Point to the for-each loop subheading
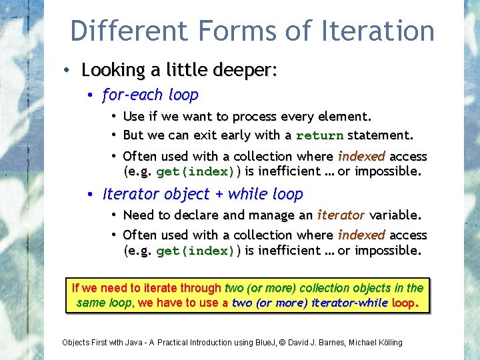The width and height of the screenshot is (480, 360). point(151,95)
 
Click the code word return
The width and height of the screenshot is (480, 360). point(319,135)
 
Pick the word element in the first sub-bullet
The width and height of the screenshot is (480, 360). point(341,117)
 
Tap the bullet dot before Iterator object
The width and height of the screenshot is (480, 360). point(90,195)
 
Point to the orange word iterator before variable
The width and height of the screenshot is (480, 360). point(340,215)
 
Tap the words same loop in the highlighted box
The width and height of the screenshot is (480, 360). point(105,303)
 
